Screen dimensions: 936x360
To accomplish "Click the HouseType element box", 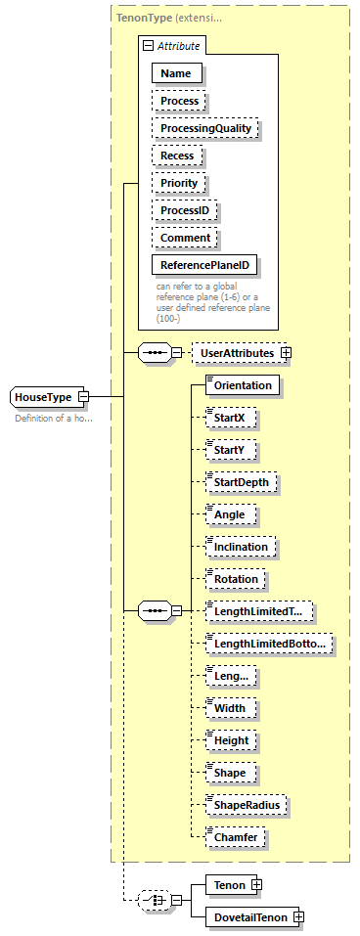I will click(44, 396).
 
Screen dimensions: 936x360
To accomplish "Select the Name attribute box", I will click(177, 72).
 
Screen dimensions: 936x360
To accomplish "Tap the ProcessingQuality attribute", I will click(207, 128).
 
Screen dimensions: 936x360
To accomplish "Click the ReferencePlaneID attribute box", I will click(206, 265).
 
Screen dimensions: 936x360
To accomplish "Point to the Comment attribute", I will click(185, 238).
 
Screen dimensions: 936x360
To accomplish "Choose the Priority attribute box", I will click(179, 183).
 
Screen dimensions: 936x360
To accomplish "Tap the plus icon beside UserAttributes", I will click(287, 352).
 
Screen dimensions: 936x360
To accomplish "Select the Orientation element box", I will click(243, 385).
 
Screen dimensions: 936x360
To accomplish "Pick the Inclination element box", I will click(241, 546).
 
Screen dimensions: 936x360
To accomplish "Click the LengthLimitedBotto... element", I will click(268, 643).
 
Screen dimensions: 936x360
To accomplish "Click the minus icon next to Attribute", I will click(147, 45).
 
